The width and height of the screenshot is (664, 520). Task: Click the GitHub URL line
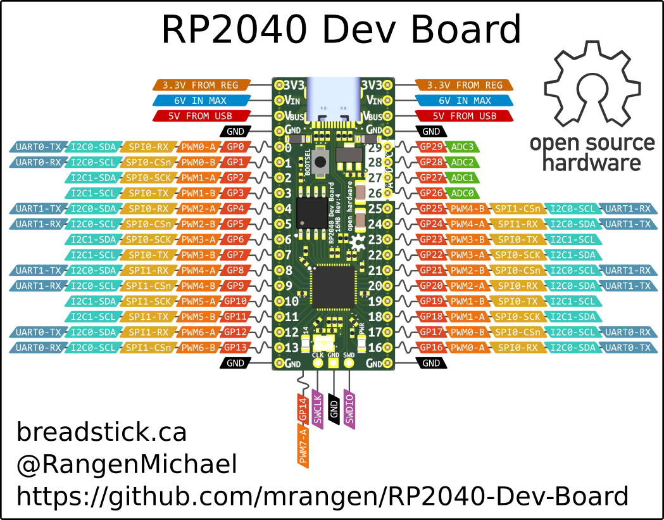[322, 496]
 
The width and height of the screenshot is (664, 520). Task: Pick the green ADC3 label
[463, 147]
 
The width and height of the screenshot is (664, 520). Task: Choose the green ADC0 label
[463, 193]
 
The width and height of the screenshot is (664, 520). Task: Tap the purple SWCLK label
[318, 410]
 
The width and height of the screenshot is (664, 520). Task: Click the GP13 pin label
[235, 347]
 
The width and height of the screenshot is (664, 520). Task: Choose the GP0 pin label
[235, 147]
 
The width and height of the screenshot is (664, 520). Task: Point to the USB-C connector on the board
[333, 99]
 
